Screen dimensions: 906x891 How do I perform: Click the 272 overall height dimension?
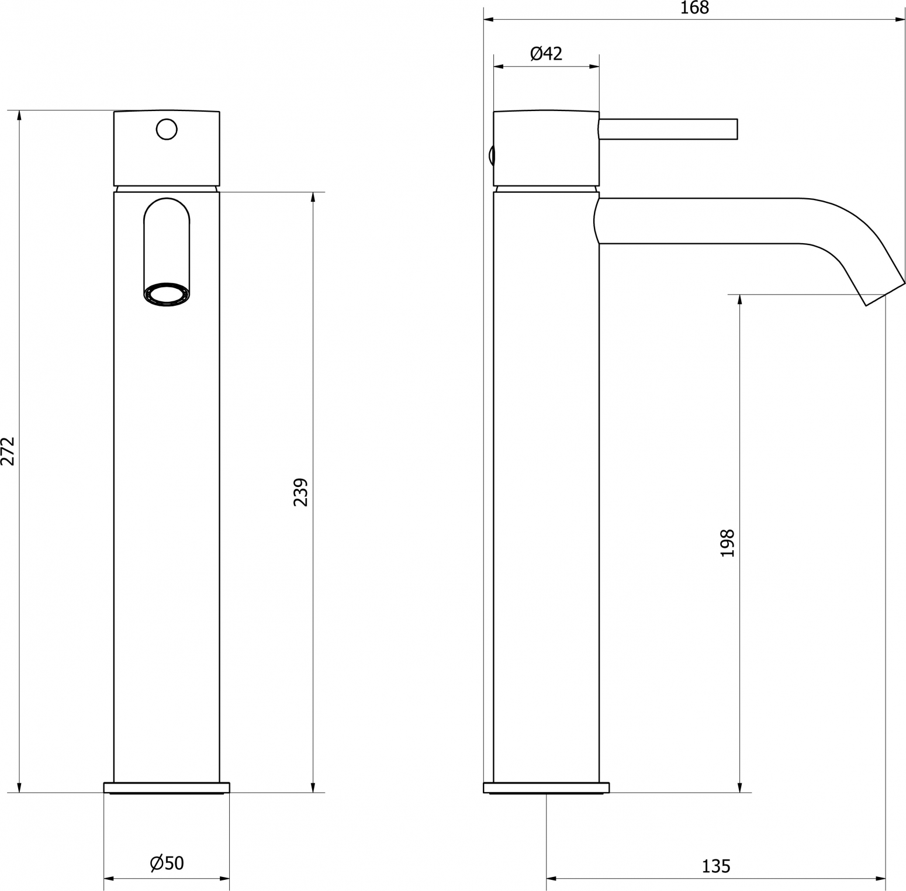8,450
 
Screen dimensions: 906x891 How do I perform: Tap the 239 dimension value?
300,492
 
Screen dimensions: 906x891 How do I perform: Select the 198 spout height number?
727,543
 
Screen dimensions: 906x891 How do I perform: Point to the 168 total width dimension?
695,8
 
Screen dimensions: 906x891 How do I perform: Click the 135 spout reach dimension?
716,866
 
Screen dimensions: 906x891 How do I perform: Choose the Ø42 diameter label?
546,54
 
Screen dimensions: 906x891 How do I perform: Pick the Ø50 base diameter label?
167,863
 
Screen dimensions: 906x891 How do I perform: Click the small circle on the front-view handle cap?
167,129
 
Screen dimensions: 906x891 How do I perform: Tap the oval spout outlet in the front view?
167,295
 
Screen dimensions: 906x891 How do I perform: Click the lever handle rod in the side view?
668,129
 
